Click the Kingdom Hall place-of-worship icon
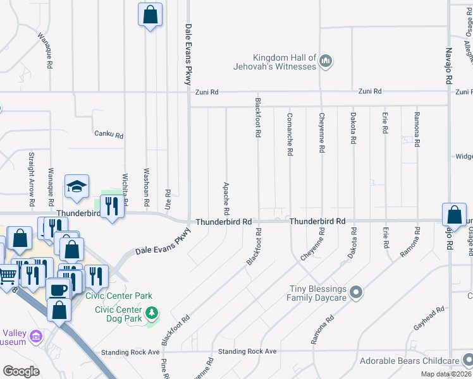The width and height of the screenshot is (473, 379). [x=326, y=61]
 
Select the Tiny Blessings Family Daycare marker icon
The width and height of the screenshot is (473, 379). [x=355, y=292]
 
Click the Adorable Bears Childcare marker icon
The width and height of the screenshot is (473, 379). [x=467, y=361]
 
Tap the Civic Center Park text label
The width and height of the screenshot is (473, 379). [x=124, y=296]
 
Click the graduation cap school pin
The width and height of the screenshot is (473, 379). [x=77, y=187]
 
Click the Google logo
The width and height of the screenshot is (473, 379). [x=21, y=371]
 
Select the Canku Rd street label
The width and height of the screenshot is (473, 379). [x=108, y=134]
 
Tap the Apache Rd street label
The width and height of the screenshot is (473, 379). [x=226, y=197]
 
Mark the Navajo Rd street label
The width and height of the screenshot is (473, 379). [x=449, y=66]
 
